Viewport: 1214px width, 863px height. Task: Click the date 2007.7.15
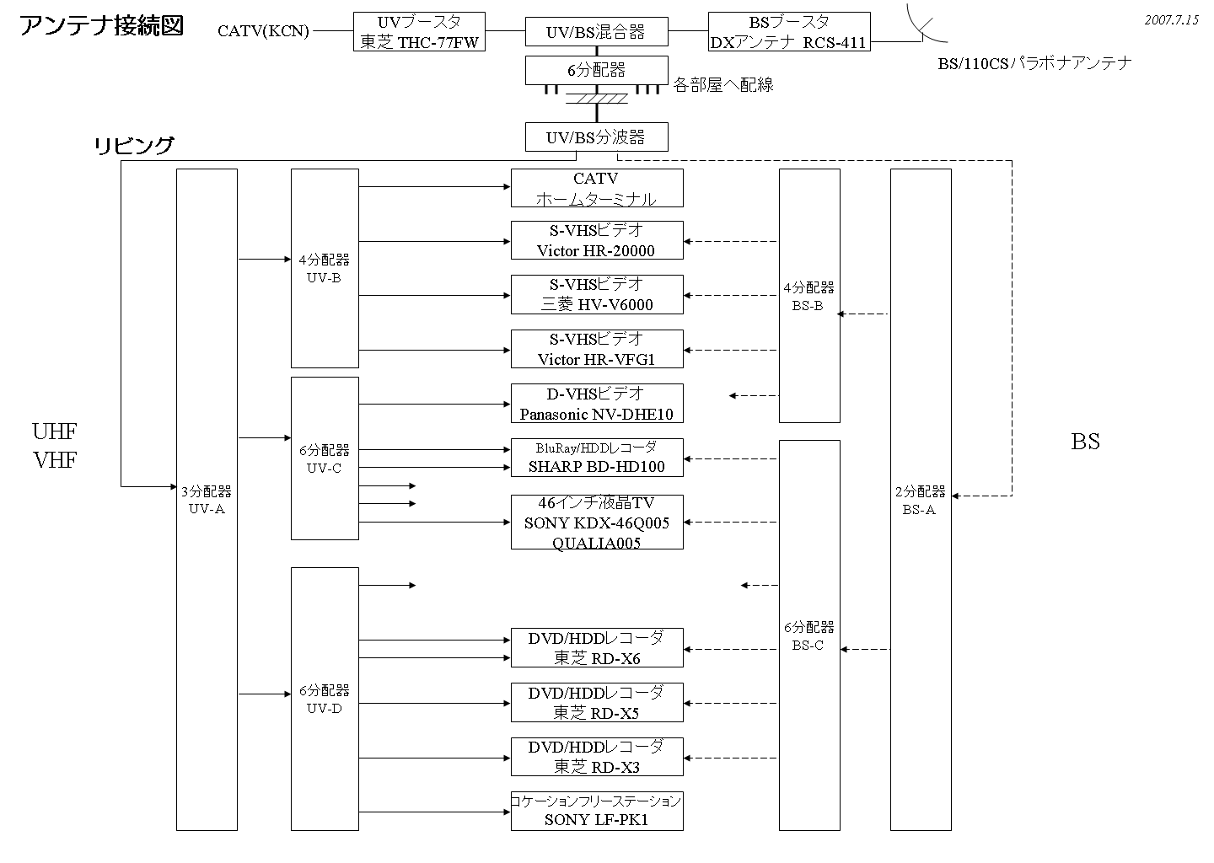tap(1171, 20)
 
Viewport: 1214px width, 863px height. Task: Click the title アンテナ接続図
tap(101, 26)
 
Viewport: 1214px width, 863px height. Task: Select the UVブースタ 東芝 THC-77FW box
tap(420, 32)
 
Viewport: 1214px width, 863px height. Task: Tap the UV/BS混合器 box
tap(596, 32)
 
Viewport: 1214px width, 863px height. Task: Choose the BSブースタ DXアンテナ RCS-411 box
tap(788, 32)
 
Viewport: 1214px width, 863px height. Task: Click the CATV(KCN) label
tap(263, 32)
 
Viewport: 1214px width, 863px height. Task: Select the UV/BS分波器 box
tap(596, 137)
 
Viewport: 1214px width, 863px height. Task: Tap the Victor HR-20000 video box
tap(596, 240)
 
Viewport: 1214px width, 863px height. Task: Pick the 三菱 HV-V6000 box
tap(596, 294)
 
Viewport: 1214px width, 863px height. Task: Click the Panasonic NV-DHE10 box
tap(596, 404)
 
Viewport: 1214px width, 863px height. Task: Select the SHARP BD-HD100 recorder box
tap(596, 458)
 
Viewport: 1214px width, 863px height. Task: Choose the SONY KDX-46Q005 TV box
tap(596, 523)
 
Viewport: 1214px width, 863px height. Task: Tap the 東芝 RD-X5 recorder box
tap(596, 703)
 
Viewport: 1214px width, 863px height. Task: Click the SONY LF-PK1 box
tap(596, 810)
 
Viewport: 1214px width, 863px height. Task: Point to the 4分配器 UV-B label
tap(324, 269)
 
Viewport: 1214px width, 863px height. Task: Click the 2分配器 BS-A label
tap(920, 501)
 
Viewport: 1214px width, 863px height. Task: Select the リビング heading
tap(133, 146)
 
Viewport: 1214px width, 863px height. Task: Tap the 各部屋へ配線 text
tap(723, 85)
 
